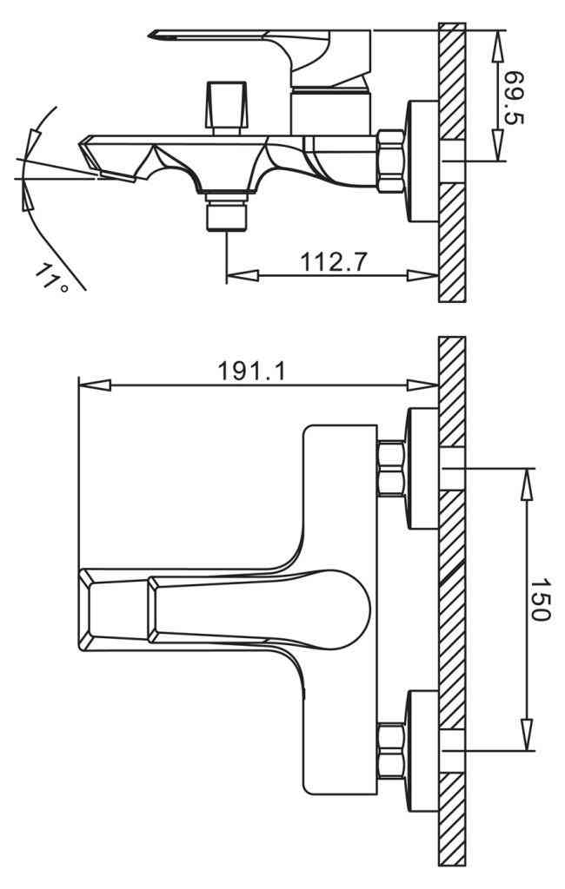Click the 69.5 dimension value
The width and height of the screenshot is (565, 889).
point(515,97)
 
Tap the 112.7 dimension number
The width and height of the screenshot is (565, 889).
point(334,262)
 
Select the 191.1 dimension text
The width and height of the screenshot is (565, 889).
point(252,372)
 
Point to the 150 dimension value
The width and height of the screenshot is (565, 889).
point(540,600)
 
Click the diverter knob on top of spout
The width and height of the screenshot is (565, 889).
point(228,108)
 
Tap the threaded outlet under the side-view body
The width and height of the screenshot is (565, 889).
point(227,212)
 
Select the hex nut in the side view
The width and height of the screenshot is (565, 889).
point(391,161)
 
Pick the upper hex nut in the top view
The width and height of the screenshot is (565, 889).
point(392,468)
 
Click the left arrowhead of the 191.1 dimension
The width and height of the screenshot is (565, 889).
point(94,385)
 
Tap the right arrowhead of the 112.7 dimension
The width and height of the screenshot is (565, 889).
point(422,276)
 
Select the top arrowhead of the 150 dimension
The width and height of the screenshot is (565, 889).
point(528,484)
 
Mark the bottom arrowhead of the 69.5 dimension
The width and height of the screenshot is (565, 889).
point(498,145)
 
